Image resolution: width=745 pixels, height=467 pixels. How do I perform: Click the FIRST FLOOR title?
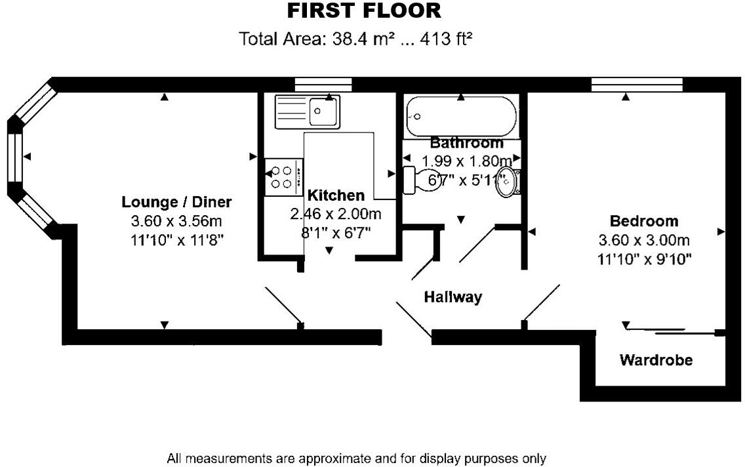(x=364, y=11)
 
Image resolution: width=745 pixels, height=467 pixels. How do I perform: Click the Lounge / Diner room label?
(x=177, y=202)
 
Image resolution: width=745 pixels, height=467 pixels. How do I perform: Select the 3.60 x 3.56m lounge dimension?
(x=177, y=221)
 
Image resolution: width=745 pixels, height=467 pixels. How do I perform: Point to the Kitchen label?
(x=336, y=195)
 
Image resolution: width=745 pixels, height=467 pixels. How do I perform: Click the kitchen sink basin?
(x=323, y=111)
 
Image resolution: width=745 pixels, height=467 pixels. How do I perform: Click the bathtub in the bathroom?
(x=460, y=117)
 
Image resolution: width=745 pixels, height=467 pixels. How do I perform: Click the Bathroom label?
(x=466, y=142)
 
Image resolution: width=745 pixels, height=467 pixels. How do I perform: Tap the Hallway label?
(x=453, y=297)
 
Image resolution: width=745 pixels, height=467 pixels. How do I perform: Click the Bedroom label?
(x=644, y=221)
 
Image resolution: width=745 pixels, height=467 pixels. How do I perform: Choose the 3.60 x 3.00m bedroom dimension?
(x=644, y=240)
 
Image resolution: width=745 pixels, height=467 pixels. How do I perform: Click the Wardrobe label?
(x=656, y=359)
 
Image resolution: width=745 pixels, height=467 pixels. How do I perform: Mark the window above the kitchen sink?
(x=323, y=85)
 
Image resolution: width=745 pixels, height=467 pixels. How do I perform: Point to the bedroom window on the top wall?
(x=637, y=85)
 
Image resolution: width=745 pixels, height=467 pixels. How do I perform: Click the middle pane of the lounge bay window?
(x=15, y=157)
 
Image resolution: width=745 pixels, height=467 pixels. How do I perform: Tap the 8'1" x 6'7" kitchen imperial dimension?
(x=336, y=233)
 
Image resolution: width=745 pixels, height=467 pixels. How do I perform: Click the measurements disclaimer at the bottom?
(x=356, y=458)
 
